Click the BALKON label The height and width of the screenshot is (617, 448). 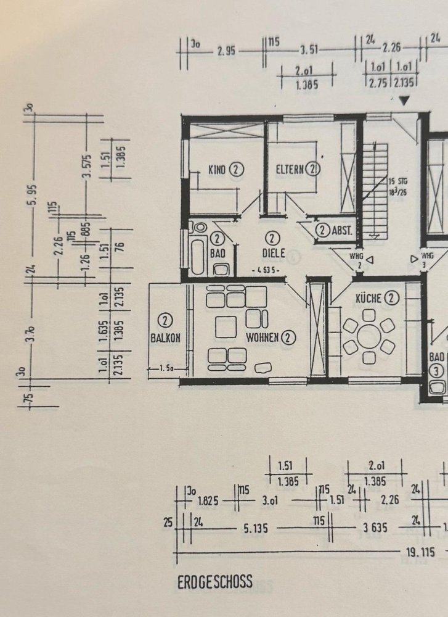[x=165, y=337]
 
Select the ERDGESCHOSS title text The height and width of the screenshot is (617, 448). [x=215, y=582]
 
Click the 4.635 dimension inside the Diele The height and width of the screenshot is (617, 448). [x=267, y=270]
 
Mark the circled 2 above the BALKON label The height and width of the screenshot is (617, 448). [x=165, y=320]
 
